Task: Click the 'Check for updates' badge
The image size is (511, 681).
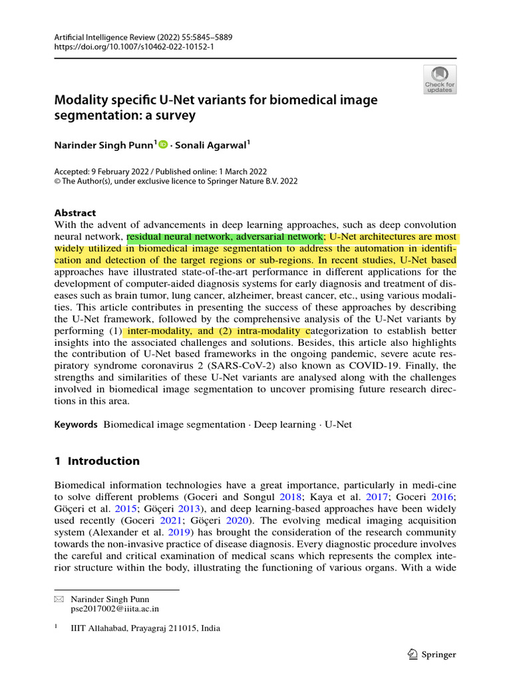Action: point(439,79)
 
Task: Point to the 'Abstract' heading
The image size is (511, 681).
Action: point(75,213)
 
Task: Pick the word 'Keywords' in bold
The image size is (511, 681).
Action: point(76,424)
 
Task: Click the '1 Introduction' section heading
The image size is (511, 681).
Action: point(96,461)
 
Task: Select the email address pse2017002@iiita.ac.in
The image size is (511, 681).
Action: point(114,608)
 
